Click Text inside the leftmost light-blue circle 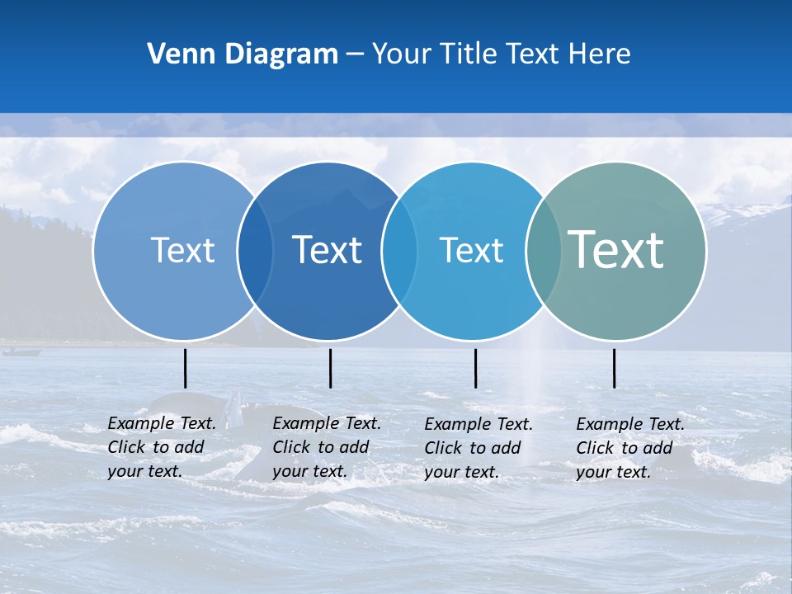182,250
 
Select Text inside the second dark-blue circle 328,250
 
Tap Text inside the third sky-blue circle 471,250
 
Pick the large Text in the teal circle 616,250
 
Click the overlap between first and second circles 255,251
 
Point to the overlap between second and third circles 399,251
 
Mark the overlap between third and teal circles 543,251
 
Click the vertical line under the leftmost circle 186,368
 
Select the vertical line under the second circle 330,368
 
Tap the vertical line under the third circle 476,368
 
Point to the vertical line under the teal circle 615,368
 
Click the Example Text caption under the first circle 161,447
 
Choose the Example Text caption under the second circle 326,447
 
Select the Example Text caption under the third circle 478,448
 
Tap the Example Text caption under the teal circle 629,448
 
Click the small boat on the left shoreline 21,352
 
